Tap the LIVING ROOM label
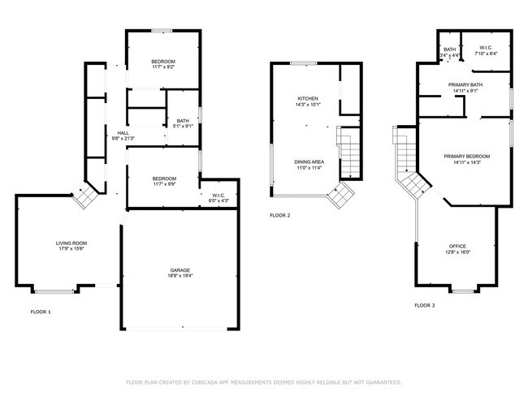71,243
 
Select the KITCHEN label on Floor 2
308,98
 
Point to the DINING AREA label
308,161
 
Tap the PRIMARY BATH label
465,84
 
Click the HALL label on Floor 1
123,132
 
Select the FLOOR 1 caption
40,312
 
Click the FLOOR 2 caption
279,216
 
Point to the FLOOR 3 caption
425,305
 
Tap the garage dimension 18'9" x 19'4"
181,276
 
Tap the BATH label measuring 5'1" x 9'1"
183,121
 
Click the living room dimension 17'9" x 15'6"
71,249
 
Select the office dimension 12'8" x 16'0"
459,252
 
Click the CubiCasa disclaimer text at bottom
263,381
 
